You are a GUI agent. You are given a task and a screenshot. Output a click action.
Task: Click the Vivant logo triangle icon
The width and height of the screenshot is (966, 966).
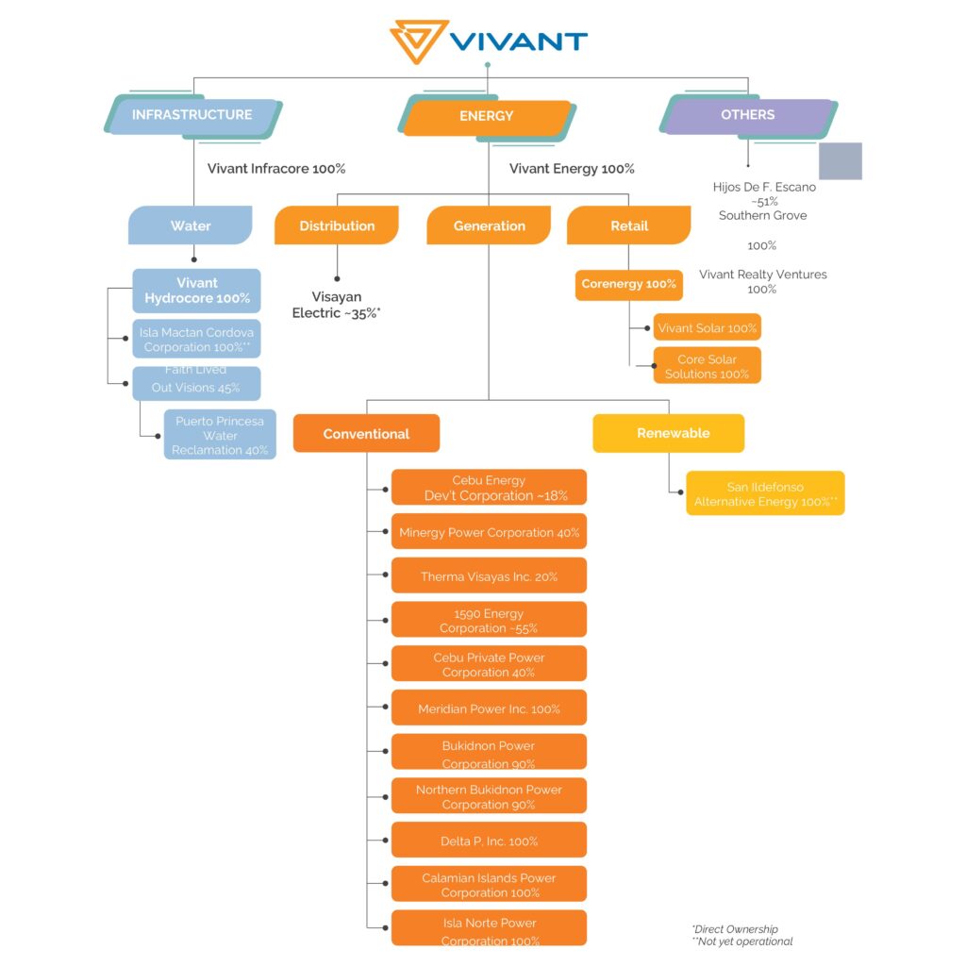pyautogui.click(x=419, y=42)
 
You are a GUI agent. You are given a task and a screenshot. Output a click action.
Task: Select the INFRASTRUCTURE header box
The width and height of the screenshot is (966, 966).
pyautogui.click(x=192, y=115)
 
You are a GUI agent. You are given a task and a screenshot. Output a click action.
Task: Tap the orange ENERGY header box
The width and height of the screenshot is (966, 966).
pyautogui.click(x=487, y=116)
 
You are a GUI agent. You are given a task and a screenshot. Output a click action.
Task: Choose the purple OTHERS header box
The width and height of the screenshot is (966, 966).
pyautogui.click(x=748, y=115)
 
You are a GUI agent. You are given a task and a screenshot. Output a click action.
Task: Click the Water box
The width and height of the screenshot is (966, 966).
pyautogui.click(x=191, y=225)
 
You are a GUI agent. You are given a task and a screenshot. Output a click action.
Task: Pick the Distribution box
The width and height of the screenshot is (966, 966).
pyautogui.click(x=337, y=225)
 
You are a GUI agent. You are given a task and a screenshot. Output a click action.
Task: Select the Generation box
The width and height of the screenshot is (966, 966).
pyautogui.click(x=489, y=225)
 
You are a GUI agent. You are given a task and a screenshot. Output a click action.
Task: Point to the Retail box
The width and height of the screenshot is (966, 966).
pyautogui.click(x=629, y=225)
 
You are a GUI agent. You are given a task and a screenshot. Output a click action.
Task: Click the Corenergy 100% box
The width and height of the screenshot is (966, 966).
pyautogui.click(x=629, y=284)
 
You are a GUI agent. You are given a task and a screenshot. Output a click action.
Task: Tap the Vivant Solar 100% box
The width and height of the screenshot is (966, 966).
pyautogui.click(x=707, y=327)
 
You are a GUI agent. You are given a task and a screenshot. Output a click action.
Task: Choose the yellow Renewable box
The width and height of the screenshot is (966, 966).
pyautogui.click(x=668, y=433)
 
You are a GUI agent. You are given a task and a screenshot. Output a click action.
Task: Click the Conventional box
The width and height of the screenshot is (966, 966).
pyautogui.click(x=366, y=434)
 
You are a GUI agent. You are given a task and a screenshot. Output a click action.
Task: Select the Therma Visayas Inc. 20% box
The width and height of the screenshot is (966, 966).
pyautogui.click(x=489, y=575)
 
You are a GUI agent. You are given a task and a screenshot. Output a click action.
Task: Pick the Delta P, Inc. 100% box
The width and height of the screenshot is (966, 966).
pyautogui.click(x=489, y=841)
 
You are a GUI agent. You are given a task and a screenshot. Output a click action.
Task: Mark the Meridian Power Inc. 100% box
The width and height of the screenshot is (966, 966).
pyautogui.click(x=489, y=708)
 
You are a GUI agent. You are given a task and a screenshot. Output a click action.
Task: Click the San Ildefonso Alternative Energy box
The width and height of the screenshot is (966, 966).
pyautogui.click(x=765, y=494)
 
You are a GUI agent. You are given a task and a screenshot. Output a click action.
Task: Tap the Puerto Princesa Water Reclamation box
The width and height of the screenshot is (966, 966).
pyautogui.click(x=220, y=436)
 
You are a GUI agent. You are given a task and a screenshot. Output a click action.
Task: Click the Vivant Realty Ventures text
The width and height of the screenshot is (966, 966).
pyautogui.click(x=762, y=275)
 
